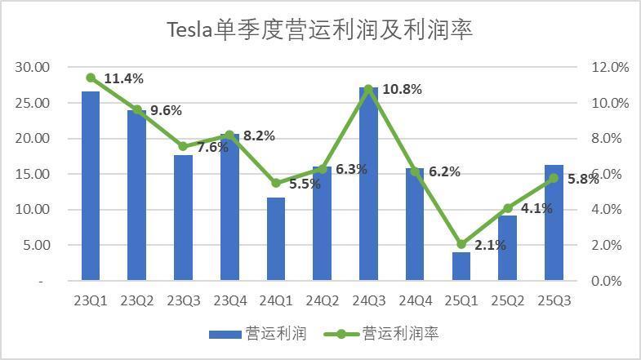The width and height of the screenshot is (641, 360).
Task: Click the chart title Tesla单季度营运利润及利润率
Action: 320,30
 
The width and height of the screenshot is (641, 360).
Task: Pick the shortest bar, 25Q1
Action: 461,266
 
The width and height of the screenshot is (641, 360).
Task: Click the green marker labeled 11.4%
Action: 91,78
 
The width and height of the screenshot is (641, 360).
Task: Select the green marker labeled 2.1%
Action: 461,244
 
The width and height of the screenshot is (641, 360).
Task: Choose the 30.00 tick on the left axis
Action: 33,67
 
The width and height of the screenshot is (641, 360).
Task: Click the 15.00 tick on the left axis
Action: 33,174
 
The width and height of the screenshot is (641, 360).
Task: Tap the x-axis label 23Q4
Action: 229,300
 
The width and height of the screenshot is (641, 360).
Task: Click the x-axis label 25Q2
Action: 508,300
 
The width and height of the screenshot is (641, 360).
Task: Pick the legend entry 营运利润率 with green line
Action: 384,334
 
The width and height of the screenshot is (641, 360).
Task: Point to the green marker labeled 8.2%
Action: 229,136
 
